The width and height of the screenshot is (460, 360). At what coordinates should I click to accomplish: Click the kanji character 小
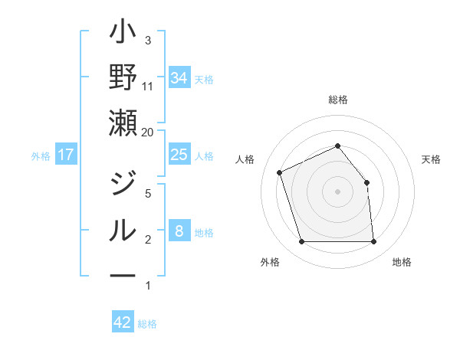(123, 34)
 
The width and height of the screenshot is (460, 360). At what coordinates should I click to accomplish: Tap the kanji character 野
(123, 77)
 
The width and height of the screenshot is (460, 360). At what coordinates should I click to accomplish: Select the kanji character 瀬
(123, 123)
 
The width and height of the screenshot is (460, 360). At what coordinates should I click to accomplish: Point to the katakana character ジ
(123, 184)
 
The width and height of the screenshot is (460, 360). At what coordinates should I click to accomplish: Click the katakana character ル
(123, 229)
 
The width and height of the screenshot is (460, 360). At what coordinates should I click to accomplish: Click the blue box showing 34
(179, 77)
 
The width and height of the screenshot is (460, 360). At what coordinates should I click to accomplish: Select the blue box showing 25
(179, 155)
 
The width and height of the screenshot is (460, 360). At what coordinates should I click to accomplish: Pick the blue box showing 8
(179, 231)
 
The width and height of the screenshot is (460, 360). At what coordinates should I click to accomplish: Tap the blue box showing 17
(66, 155)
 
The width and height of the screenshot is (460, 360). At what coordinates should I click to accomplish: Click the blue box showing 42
(123, 322)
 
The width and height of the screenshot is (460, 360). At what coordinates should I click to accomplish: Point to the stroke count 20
(148, 132)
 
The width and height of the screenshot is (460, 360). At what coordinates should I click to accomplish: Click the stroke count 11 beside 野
(147, 86)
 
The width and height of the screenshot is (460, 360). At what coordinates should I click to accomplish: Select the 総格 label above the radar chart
(338, 100)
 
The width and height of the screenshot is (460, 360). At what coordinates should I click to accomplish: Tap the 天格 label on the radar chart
(432, 159)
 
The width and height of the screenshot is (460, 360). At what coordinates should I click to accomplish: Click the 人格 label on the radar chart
(245, 159)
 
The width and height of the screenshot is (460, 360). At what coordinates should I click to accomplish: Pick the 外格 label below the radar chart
(269, 262)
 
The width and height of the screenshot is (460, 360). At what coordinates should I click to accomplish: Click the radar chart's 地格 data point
(373, 242)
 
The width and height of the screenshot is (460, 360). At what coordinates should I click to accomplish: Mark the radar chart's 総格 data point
(338, 146)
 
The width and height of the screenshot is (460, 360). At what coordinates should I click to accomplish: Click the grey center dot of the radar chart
(338, 191)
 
